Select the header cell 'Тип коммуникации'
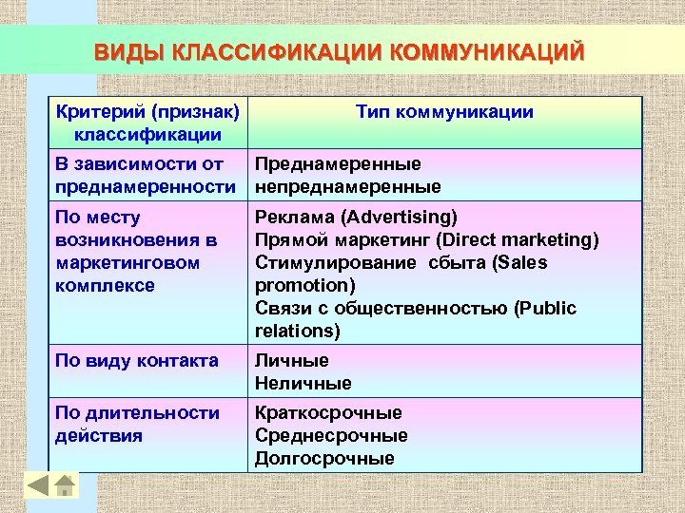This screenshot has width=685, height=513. [444, 113]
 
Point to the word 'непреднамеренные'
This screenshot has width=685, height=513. [347, 187]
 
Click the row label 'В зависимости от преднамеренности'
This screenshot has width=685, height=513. [145, 176]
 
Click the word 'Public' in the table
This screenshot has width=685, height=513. [544, 309]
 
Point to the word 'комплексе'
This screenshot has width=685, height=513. [105, 285]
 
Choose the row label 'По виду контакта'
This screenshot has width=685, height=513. [137, 361]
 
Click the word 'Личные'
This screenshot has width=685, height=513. [292, 361]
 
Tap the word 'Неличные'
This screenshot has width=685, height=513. [303, 384]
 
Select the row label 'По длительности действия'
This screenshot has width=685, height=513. [137, 425]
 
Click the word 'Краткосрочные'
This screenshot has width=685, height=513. [328, 413]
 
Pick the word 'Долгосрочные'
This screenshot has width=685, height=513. [324, 459]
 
